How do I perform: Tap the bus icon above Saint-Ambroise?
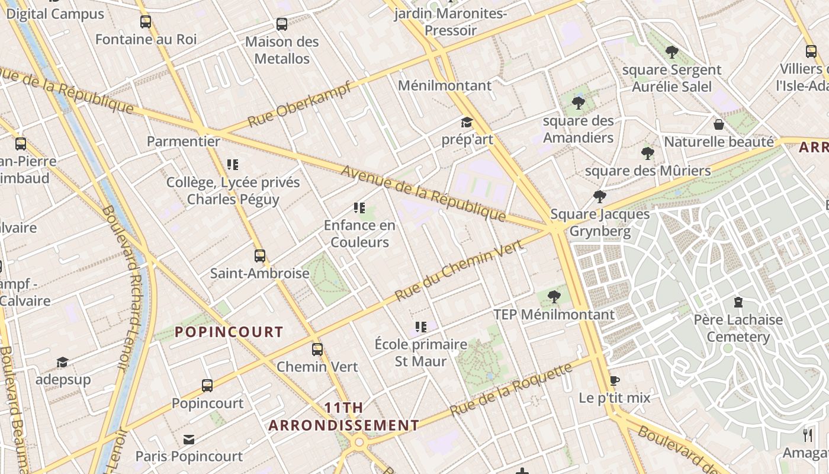point(259,256)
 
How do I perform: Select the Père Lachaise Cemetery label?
point(738,328)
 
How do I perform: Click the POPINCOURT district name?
point(229,332)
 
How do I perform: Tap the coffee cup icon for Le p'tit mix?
point(614,380)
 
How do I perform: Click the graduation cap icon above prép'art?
point(467,123)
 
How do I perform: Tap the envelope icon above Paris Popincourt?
point(189,439)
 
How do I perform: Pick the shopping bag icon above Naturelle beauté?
point(718,124)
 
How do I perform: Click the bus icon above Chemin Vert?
point(317,350)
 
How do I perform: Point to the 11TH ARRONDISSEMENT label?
point(343,417)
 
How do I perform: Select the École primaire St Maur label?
point(421,353)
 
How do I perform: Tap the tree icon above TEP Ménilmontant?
point(554,297)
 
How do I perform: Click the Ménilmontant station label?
point(444,85)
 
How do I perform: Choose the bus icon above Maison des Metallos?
point(282,24)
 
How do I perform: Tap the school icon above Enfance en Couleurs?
point(359,207)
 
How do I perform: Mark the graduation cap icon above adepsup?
point(62,362)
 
